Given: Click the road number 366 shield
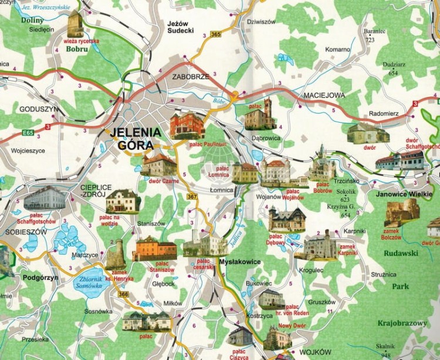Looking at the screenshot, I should tap(123, 294).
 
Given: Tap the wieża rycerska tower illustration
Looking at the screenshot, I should tap(75, 24).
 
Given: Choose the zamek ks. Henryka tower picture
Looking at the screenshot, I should tap(116, 254).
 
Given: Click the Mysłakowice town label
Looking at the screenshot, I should tap(239, 261).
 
